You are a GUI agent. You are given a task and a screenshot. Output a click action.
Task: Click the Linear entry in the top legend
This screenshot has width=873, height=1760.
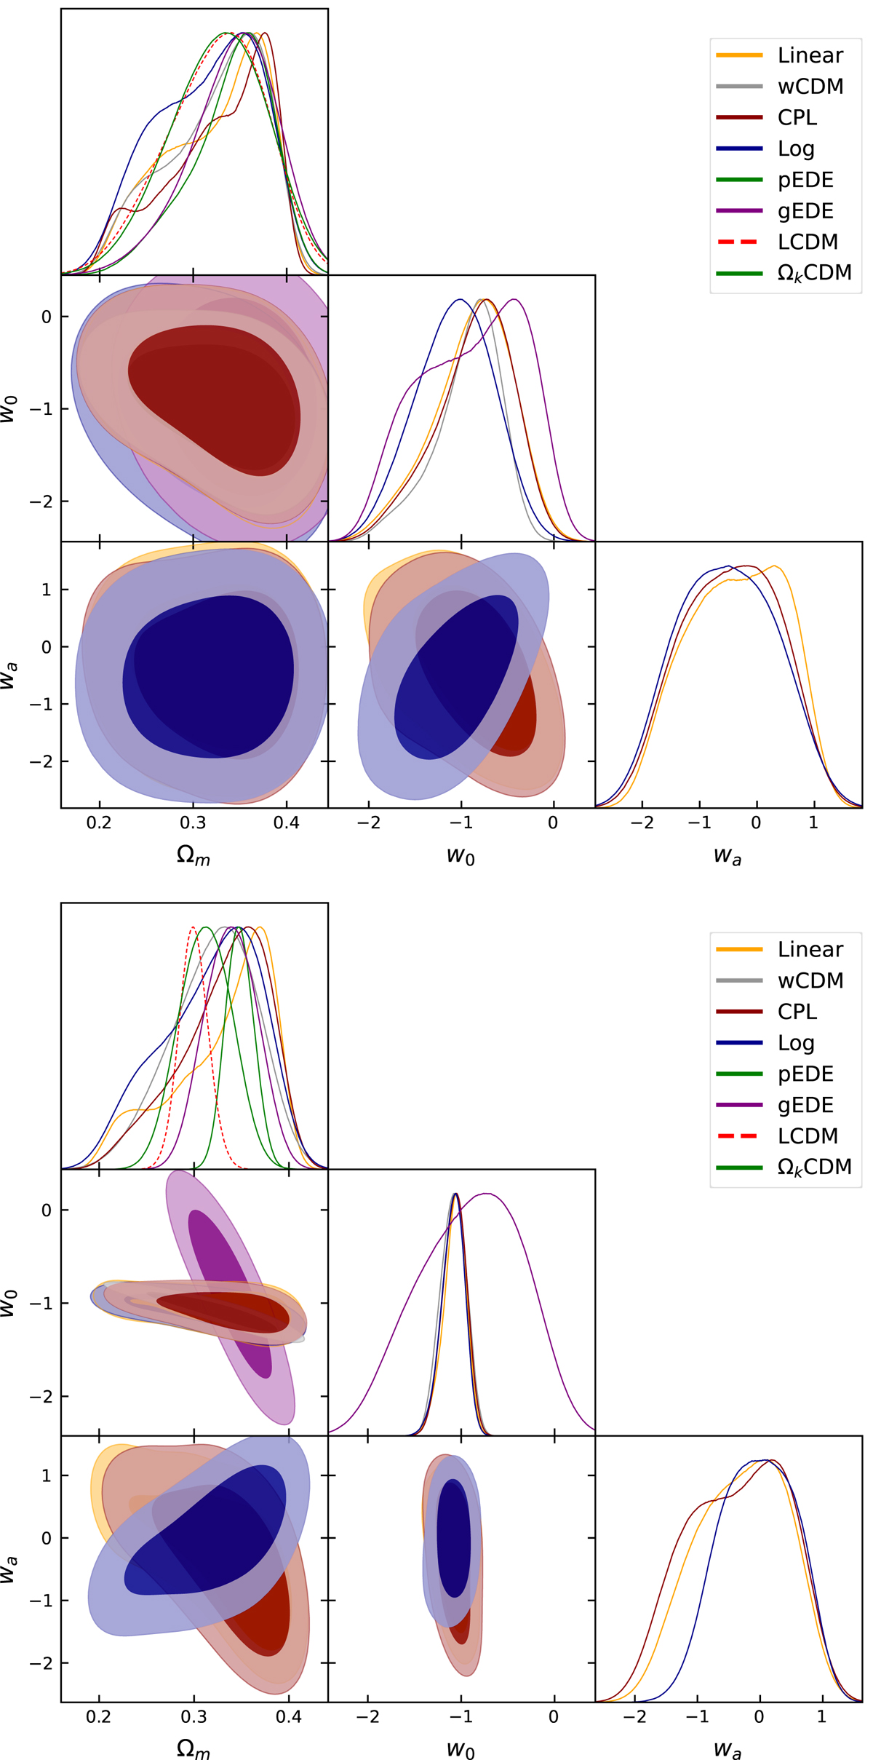810,55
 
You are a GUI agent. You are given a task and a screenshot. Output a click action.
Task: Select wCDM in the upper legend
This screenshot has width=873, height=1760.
810,87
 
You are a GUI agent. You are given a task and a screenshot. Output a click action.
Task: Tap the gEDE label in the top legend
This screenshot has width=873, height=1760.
805,211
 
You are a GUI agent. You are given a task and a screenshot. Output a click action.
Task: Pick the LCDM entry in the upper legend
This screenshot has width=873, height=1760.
808,242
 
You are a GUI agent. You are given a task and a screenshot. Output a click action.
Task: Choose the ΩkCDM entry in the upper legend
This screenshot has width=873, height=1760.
814,273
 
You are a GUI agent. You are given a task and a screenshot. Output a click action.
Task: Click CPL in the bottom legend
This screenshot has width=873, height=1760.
797,1012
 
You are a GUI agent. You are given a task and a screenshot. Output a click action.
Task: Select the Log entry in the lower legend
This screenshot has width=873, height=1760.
796,1043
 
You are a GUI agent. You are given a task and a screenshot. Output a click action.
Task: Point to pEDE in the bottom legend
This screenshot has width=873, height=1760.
805,1074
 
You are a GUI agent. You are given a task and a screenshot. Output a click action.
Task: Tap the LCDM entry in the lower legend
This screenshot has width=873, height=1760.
808,1136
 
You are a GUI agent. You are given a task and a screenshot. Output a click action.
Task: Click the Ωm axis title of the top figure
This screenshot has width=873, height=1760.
194,855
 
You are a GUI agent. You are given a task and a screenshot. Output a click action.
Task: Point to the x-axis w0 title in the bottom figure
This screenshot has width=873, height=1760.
461,1748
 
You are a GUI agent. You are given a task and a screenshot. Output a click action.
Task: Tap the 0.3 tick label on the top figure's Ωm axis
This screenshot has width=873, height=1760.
193,823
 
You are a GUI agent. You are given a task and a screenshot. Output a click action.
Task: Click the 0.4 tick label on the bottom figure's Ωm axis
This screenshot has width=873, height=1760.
289,1716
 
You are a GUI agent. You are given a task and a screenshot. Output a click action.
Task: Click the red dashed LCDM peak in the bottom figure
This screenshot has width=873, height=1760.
193,927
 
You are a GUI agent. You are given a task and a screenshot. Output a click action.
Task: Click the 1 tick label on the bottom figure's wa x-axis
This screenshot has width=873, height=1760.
821,1716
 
